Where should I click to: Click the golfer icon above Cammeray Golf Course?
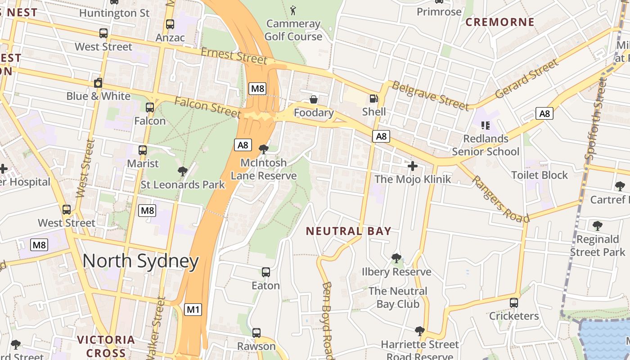click(293, 10)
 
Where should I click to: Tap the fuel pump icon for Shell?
click(373, 99)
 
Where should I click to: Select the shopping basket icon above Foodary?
click(313, 99)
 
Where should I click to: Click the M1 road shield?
click(193, 310)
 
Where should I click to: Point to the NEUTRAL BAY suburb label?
click(348, 231)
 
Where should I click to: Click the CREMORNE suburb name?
click(499, 22)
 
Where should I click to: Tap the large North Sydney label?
click(140, 261)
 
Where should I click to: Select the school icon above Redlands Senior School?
click(485, 125)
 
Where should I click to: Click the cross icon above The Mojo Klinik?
click(412, 166)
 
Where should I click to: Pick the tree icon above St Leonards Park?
click(182, 171)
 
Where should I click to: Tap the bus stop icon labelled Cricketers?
click(514, 303)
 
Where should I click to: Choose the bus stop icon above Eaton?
click(265, 272)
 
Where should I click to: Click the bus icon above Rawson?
click(256, 333)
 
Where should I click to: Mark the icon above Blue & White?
click(98, 83)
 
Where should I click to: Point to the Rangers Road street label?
click(500, 199)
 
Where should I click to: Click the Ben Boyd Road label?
click(327, 319)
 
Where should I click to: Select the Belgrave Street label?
click(430, 95)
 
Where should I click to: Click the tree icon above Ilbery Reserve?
click(396, 258)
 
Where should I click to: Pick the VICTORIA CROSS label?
click(106, 346)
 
